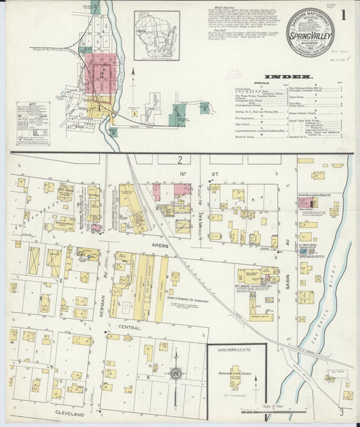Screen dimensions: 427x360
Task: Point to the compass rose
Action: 176,373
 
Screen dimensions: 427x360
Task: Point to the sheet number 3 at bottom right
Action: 342,411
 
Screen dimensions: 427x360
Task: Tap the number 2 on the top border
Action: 180,159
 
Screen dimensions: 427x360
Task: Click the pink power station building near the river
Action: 306,202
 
